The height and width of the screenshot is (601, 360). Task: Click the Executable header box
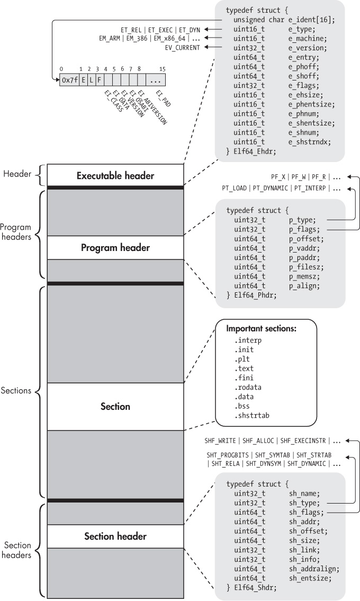[115, 175]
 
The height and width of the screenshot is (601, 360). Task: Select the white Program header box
[115, 247]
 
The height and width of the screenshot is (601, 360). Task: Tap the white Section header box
[115, 536]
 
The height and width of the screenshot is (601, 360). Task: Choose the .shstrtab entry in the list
[251, 416]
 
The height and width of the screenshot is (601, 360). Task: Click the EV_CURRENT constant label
[183, 47]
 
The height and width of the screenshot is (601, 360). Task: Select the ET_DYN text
[190, 29]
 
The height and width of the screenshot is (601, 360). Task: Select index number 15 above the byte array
[163, 69]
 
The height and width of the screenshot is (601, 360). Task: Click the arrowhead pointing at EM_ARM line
[208, 38]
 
